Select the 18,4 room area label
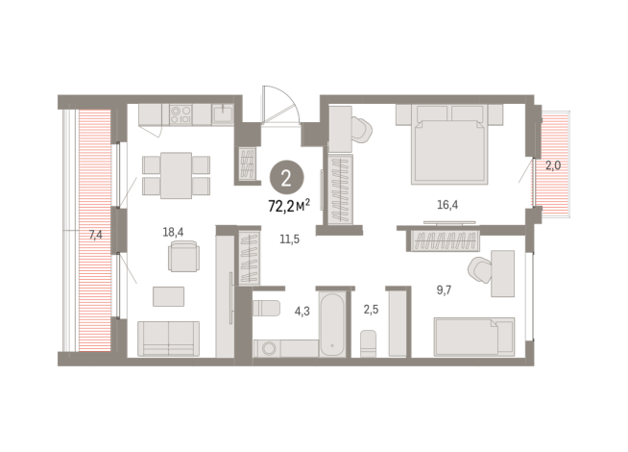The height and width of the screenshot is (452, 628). pyautogui.click(x=174, y=232)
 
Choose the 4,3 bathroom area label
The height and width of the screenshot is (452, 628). pyautogui.click(x=302, y=311)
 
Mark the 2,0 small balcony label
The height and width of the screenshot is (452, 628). pyautogui.click(x=553, y=165)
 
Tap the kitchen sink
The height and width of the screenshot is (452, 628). pyautogui.click(x=223, y=113)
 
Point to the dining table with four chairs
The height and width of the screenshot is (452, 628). pyautogui.click(x=175, y=175)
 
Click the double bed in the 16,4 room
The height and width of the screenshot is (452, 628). pyautogui.click(x=450, y=145)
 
